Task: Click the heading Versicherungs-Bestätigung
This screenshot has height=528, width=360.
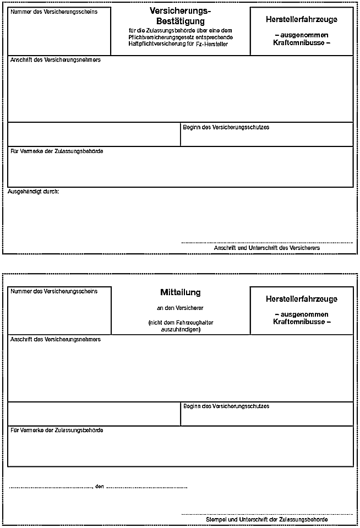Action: pyautogui.click(x=180, y=15)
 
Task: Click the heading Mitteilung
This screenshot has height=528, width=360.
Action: pyautogui.click(x=180, y=292)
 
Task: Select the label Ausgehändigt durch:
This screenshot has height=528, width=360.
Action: pyautogui.click(x=34, y=192)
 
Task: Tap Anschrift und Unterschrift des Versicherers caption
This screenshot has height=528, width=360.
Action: pyautogui.click(x=266, y=248)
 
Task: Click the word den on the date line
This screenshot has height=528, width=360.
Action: pyautogui.click(x=99, y=487)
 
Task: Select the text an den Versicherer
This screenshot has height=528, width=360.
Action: pyautogui.click(x=180, y=308)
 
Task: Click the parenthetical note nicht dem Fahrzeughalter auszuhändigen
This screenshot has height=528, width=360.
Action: pyautogui.click(x=180, y=326)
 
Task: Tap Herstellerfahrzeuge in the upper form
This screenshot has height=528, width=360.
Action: pyautogui.click(x=301, y=19)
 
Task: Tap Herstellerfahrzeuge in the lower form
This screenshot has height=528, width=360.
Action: pyautogui.click(x=301, y=299)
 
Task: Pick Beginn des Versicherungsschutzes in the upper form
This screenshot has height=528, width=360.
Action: pyautogui.click(x=226, y=127)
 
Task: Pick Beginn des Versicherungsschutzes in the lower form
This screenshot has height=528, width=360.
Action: pyautogui.click(x=226, y=406)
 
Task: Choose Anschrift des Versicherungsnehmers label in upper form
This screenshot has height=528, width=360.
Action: pyautogui.click(x=56, y=59)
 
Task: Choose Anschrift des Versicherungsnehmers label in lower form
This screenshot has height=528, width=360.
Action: pyautogui.click(x=56, y=339)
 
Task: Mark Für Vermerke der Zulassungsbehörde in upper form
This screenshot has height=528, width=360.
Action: pyautogui.click(x=57, y=151)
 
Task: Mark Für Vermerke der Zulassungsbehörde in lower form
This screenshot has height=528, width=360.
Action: pyautogui.click(x=57, y=430)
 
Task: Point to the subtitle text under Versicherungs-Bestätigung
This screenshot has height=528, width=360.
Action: pyautogui.click(x=180, y=36)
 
